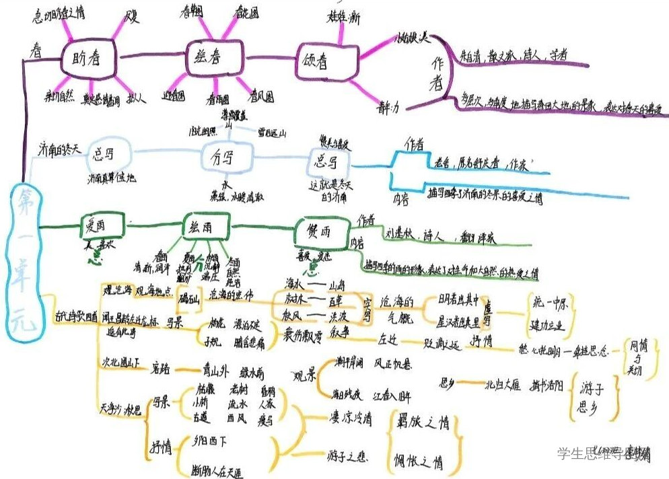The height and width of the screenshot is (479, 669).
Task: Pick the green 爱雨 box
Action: [x=102, y=226]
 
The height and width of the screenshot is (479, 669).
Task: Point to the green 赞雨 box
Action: [x=319, y=231]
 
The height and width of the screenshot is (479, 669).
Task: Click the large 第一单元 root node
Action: [x=27, y=262]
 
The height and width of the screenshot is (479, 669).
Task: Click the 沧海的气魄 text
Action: [x=400, y=309]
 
